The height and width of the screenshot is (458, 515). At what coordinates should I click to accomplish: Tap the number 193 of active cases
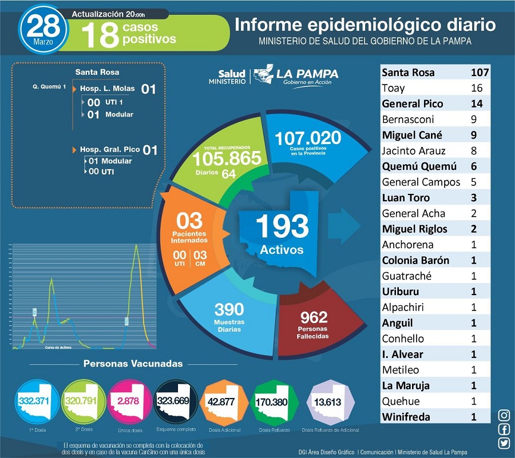point(282,226)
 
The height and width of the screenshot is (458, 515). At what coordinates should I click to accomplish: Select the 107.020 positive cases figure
point(308,138)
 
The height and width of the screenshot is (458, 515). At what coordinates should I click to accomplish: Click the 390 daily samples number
point(229,310)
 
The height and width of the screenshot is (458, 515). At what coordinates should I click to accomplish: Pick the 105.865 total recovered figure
point(227,158)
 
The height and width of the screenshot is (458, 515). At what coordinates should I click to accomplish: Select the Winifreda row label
point(407,417)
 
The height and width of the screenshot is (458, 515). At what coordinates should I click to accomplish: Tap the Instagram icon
point(504,415)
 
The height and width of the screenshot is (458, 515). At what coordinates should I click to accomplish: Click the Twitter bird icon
point(504,443)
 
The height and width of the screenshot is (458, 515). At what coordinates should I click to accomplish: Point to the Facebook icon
point(504,429)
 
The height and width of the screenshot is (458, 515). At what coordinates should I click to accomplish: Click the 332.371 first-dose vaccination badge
point(34,401)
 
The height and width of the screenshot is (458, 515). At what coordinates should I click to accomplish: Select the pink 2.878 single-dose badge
point(128,401)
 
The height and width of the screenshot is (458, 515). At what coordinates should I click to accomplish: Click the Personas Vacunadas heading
point(133,363)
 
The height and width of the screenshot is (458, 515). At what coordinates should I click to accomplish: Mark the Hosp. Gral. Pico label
point(109,150)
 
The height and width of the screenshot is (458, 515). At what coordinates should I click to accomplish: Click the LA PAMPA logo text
point(307,74)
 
